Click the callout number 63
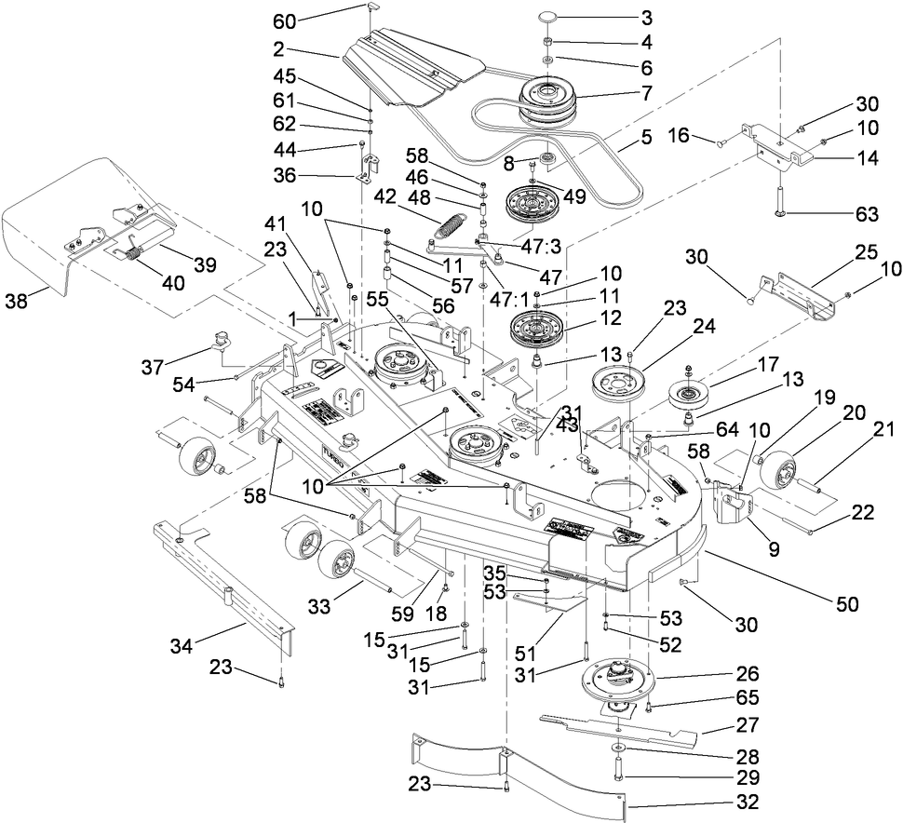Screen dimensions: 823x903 [867, 215]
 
